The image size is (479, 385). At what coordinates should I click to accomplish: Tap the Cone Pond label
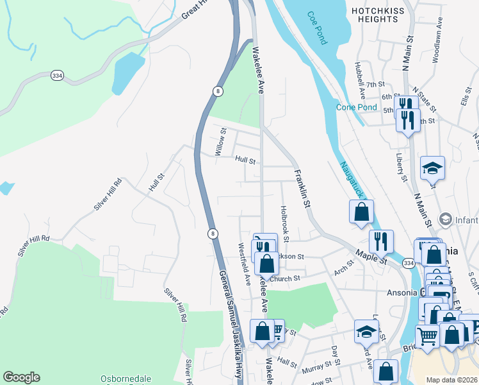(357, 107)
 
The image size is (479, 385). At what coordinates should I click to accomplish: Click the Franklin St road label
(302, 189)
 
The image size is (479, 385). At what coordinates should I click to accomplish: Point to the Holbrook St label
(284, 223)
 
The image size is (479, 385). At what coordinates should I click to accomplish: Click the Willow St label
(221, 142)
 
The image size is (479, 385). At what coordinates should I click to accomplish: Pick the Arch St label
(344, 269)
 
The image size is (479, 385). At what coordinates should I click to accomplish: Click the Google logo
(21, 377)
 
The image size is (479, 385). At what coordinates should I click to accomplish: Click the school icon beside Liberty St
(432, 169)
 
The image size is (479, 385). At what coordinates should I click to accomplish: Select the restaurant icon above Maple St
(381, 241)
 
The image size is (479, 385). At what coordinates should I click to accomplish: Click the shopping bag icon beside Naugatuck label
(361, 211)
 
